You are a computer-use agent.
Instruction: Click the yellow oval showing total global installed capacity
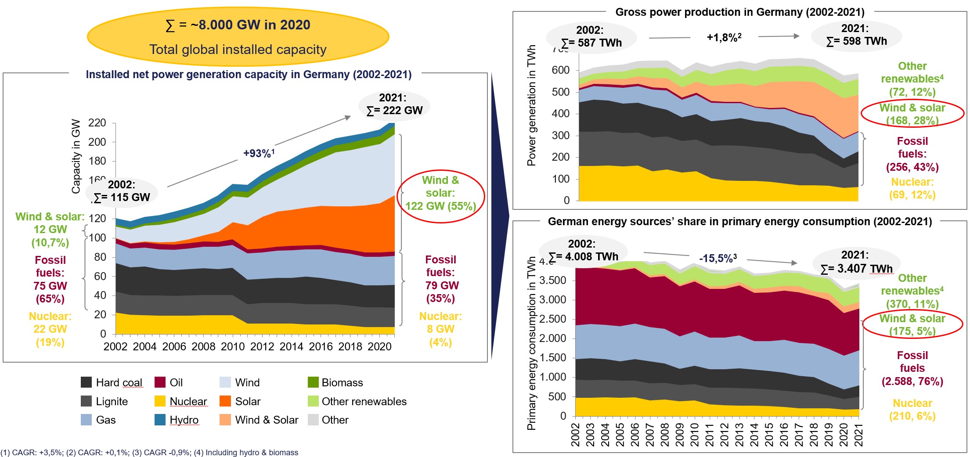click(x=238, y=37)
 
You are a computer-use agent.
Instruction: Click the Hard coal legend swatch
click(x=87, y=382)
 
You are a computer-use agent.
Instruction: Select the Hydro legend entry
click(x=160, y=420)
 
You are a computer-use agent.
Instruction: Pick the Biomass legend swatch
click(x=313, y=382)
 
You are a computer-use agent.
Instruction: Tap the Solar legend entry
click(x=225, y=401)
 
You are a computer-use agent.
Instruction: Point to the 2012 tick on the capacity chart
click(x=262, y=347)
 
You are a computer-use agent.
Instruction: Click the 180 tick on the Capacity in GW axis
click(x=97, y=161)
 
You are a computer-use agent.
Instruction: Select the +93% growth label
click(x=259, y=153)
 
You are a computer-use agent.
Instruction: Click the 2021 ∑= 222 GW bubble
click(x=394, y=104)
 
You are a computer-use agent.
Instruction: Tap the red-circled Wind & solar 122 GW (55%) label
click(x=440, y=193)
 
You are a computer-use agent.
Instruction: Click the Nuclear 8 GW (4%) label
click(x=440, y=329)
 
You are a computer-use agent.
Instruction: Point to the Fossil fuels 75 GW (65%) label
click(x=50, y=279)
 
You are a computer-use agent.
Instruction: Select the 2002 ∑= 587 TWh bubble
click(x=591, y=36)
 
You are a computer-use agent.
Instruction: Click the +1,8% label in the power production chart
click(x=724, y=37)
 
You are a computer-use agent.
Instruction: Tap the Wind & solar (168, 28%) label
click(x=912, y=114)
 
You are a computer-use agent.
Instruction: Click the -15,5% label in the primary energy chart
click(x=718, y=258)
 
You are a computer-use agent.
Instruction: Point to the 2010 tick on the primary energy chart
click(x=694, y=435)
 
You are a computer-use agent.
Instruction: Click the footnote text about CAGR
click(x=149, y=453)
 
